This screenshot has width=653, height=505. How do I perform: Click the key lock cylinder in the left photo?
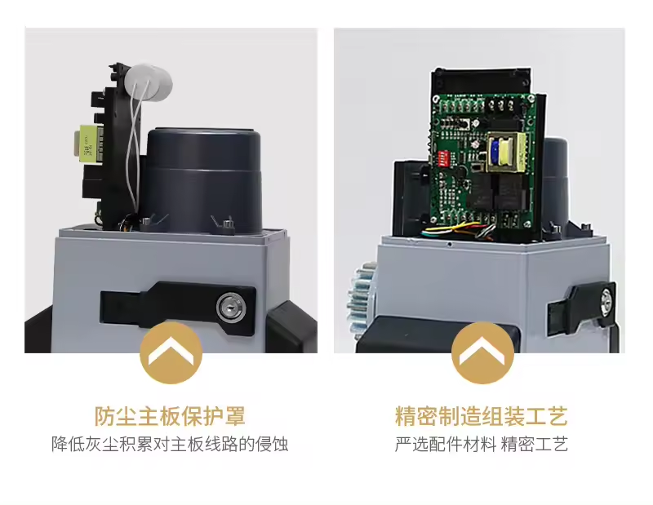coord(231,308)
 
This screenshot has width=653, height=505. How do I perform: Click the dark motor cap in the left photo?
coord(203,179)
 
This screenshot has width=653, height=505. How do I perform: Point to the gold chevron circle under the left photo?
coord(171,353)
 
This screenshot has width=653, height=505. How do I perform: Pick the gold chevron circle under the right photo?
coord(482,353)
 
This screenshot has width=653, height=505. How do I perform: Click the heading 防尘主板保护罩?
coord(170,416)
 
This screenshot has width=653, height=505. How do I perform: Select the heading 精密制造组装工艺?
coord(482,416)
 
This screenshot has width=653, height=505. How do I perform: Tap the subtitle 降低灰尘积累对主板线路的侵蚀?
coord(170,444)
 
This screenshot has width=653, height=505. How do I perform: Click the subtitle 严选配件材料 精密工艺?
coord(482,444)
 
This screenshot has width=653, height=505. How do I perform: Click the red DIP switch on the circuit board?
coord(442,158)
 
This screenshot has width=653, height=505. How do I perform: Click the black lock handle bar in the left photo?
coord(178,308)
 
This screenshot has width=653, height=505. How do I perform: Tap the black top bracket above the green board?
coord(482,82)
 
